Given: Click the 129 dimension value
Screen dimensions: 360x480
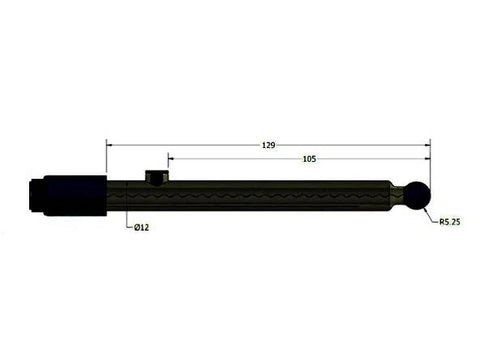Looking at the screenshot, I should (x=268, y=145).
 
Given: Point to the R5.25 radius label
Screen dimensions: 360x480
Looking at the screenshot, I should (x=448, y=224).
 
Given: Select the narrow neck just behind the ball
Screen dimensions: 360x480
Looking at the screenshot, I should (x=400, y=194).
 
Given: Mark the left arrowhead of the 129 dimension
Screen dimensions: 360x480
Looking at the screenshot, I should (x=111, y=145).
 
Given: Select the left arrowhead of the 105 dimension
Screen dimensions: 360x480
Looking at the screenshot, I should (x=172, y=158).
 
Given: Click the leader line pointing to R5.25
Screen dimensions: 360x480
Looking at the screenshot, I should (x=430, y=214).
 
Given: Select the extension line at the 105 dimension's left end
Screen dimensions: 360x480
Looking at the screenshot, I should (x=168, y=166).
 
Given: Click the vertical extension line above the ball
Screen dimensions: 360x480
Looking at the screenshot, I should (x=429, y=165).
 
